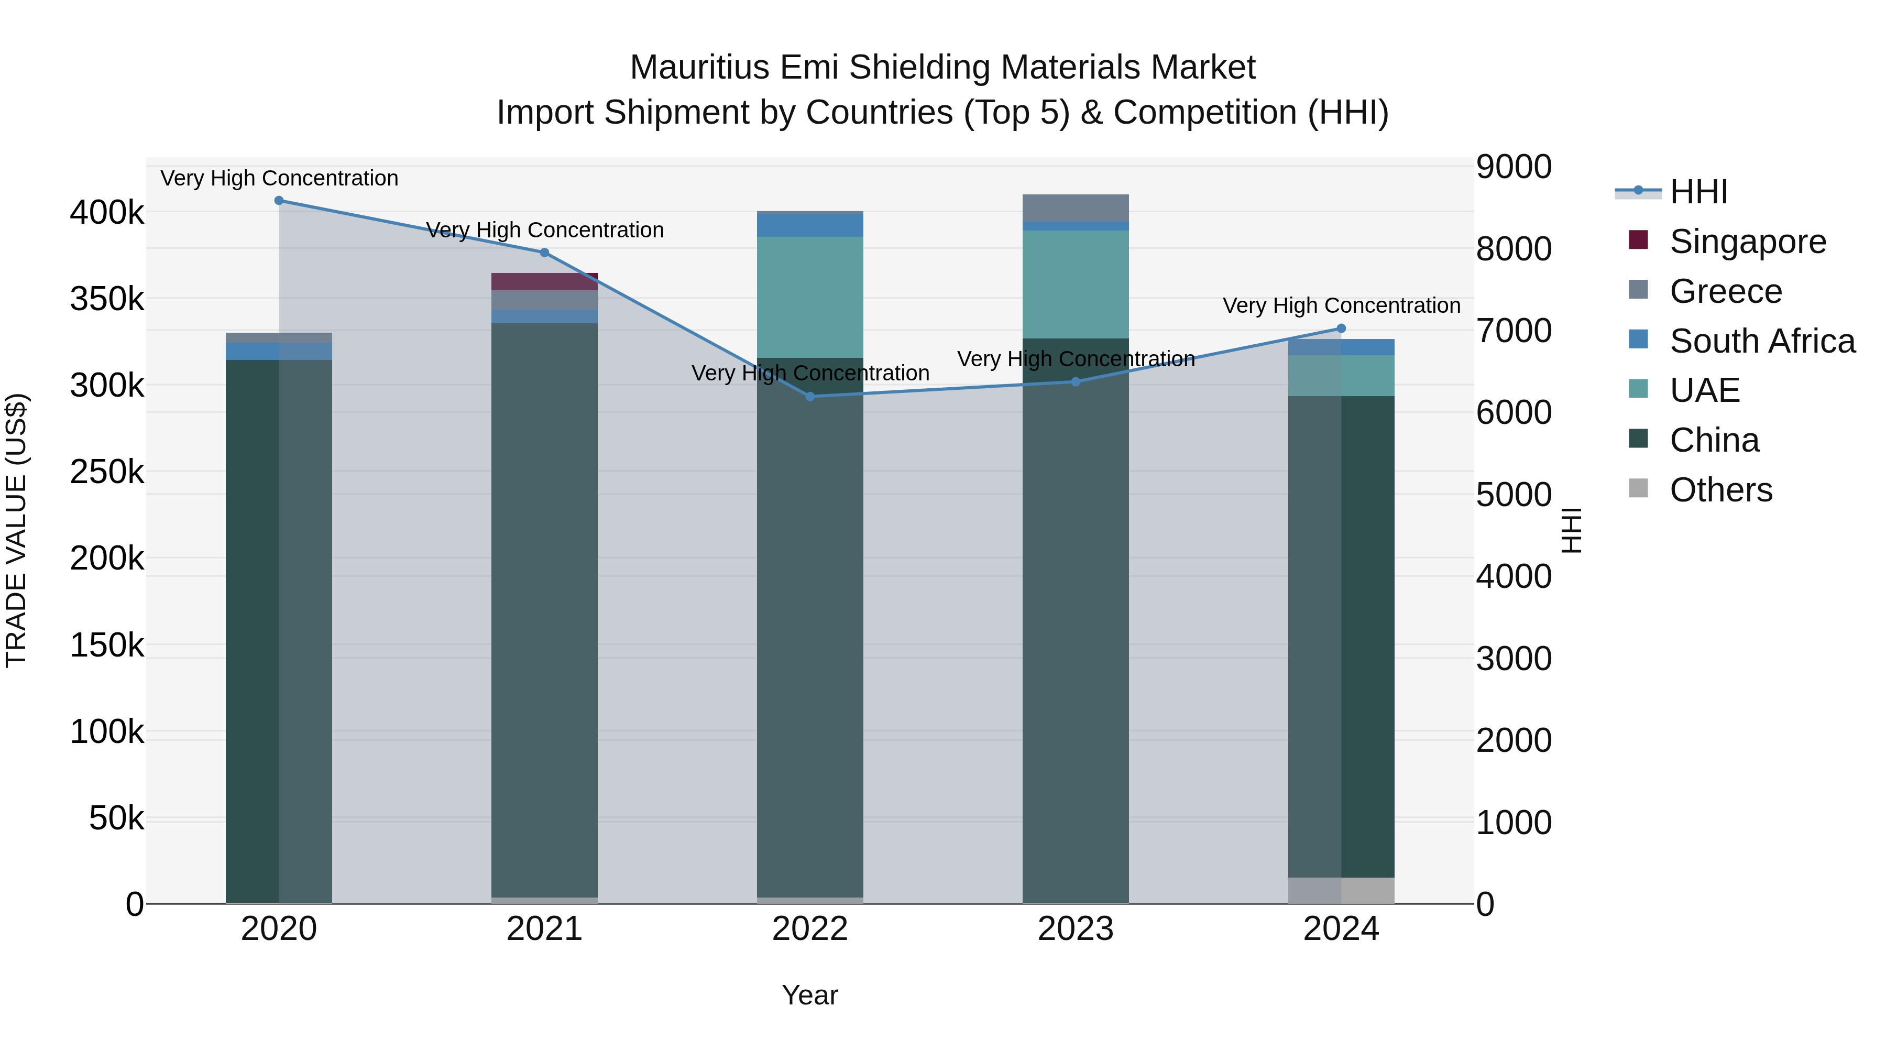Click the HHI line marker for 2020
(279, 201)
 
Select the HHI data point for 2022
(810, 397)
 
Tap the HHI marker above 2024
(1341, 329)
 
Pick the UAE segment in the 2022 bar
(810, 297)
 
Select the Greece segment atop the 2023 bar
(1076, 208)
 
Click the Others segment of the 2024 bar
(1341, 890)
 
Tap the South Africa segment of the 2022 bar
(810, 225)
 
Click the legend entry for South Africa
(1761, 341)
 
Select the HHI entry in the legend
(1698, 192)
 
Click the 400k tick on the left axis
(107, 213)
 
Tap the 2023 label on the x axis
(1076, 929)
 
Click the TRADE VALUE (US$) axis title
(16, 530)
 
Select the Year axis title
(810, 995)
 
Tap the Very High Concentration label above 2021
(545, 230)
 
